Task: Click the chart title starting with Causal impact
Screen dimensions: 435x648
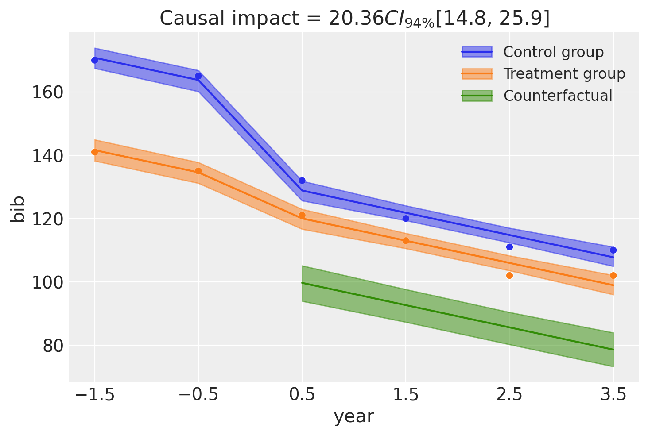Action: pyautogui.click(x=354, y=19)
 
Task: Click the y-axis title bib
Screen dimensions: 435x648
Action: pyautogui.click(x=19, y=208)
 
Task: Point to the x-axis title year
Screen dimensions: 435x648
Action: pyautogui.click(x=354, y=416)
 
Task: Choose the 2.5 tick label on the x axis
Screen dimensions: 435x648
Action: pyautogui.click(x=509, y=394)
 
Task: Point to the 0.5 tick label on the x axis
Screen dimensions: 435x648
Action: pyautogui.click(x=302, y=394)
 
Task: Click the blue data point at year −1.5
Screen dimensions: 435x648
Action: pyautogui.click(x=94, y=60)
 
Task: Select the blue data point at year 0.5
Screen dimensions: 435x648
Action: pyautogui.click(x=302, y=181)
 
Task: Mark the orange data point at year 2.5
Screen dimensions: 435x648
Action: pyautogui.click(x=509, y=275)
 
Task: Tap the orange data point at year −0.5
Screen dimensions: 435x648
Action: pyautogui.click(x=198, y=171)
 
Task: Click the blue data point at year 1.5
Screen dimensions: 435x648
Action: pyautogui.click(x=406, y=219)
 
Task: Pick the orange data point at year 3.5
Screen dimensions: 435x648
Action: pyautogui.click(x=613, y=275)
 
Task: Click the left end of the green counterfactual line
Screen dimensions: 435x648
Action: pyautogui.click(x=303, y=283)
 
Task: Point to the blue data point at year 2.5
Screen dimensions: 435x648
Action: pyautogui.click(x=509, y=247)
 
